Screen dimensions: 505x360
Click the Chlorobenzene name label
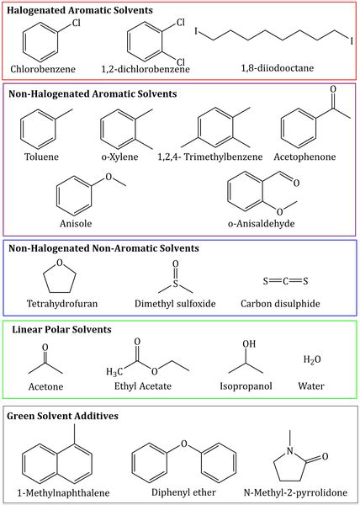coord(42,67)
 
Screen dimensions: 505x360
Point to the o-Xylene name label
coord(116,157)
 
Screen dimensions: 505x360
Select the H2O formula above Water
coord(312,360)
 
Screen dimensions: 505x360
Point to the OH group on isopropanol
coord(247,344)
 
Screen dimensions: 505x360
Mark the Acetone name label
coord(43,387)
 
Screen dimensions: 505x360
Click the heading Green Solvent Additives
coord(63,416)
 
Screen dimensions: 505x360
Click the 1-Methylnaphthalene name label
coord(66,492)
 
